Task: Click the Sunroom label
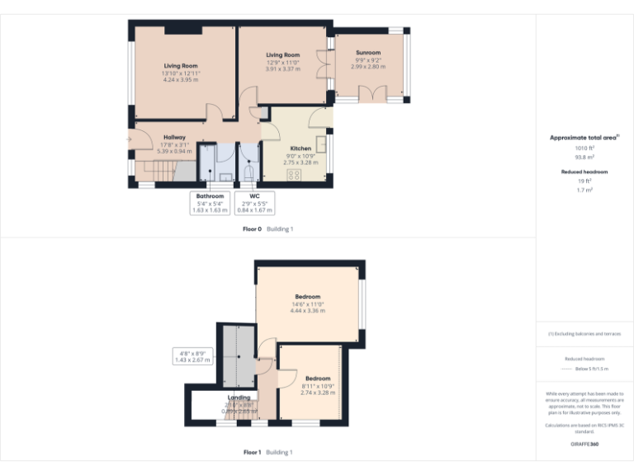coord(369,52)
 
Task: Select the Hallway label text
coord(174,137)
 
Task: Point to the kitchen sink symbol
coord(321,145)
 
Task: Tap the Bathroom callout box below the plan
coord(210,203)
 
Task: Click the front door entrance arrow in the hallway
coord(129,140)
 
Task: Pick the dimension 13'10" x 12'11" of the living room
coord(181,73)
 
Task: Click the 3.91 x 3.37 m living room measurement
coord(282,69)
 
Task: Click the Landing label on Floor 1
coord(239,397)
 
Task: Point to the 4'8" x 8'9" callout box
coord(191,357)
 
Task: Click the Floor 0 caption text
coord(252,228)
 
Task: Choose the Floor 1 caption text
coord(252,452)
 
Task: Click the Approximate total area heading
coord(584,138)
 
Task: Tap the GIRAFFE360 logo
coord(584,444)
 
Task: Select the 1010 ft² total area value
coord(584,148)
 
